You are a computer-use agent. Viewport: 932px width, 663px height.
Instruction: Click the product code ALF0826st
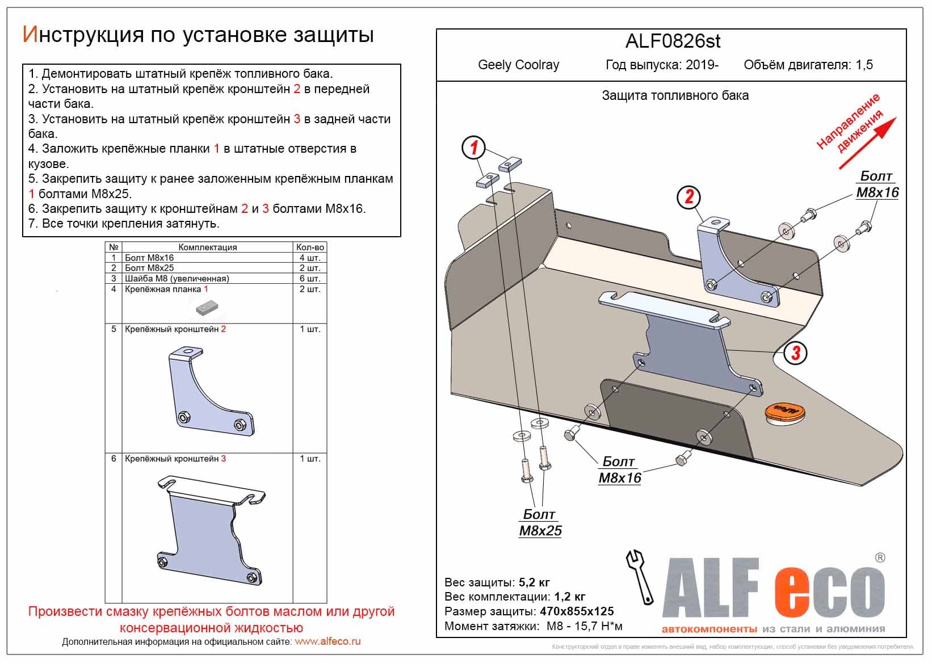673,41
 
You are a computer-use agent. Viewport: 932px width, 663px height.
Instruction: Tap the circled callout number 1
473,148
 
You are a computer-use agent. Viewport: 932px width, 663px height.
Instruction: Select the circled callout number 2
689,197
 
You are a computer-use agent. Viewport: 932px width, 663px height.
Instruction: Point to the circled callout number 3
795,353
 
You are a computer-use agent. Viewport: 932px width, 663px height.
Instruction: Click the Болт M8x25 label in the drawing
540,523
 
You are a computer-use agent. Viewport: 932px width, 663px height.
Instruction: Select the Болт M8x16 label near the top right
877,184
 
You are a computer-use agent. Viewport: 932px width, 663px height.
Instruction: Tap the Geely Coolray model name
518,65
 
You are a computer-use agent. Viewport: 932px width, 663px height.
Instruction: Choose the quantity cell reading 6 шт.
310,279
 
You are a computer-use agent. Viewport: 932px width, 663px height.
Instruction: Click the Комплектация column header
207,247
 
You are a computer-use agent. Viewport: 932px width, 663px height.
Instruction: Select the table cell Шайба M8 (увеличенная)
177,279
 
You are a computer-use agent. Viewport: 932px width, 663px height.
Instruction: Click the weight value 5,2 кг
534,582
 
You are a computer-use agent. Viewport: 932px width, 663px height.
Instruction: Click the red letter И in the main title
30,35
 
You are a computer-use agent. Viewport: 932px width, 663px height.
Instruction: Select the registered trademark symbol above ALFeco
880,558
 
